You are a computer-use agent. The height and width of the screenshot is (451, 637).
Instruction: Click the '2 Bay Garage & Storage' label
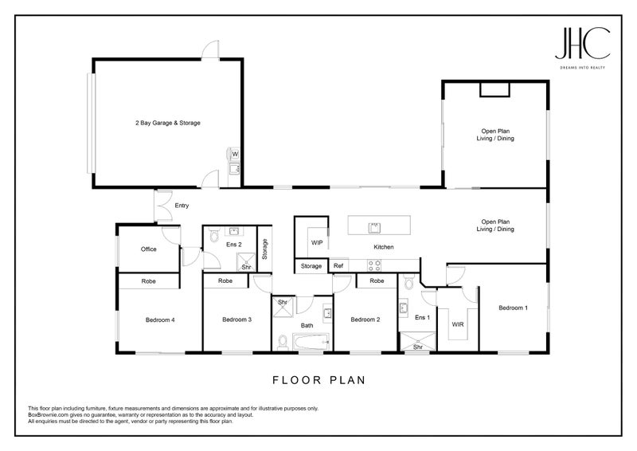click(166, 123)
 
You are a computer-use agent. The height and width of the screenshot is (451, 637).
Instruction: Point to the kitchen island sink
click(372, 227)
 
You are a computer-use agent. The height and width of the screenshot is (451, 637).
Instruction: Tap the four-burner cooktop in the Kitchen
click(374, 265)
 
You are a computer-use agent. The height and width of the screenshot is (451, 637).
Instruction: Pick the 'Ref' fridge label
click(338, 265)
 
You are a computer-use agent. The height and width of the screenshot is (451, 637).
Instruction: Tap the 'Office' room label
click(148, 249)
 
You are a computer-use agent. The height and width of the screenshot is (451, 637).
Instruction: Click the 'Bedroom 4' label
click(159, 320)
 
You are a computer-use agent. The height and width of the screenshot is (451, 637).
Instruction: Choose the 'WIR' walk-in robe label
click(457, 324)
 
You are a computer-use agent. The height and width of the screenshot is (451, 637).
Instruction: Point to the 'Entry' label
click(182, 206)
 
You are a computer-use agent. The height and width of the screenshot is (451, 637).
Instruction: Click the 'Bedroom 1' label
click(513, 308)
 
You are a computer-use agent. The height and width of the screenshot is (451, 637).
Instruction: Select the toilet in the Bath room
click(283, 342)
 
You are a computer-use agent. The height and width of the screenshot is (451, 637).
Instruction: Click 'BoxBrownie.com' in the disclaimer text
click(51, 414)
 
